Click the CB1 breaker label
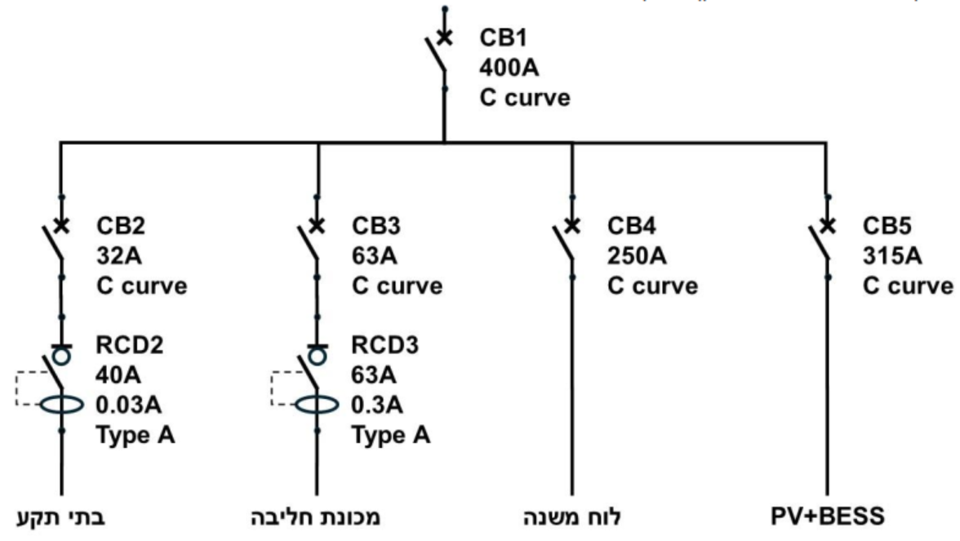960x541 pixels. (x=503, y=38)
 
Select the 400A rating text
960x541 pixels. (x=509, y=67)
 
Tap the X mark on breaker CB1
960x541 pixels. (x=444, y=38)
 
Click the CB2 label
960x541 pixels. (x=121, y=226)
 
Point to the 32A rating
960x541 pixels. (x=119, y=256)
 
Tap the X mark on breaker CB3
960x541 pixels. (x=317, y=226)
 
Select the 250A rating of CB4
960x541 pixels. (x=637, y=256)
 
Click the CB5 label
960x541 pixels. (x=887, y=226)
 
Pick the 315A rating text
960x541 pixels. (x=892, y=256)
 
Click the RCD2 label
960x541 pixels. (x=130, y=345)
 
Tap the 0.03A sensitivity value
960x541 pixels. (x=129, y=405)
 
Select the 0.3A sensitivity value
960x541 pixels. (x=377, y=405)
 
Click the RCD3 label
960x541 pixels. (x=385, y=345)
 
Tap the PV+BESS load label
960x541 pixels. (x=827, y=517)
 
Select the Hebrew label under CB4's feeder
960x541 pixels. (x=571, y=517)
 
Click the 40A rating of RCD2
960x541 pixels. (x=118, y=375)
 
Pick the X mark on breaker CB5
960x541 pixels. (x=827, y=226)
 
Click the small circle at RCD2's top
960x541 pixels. (x=61, y=356)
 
